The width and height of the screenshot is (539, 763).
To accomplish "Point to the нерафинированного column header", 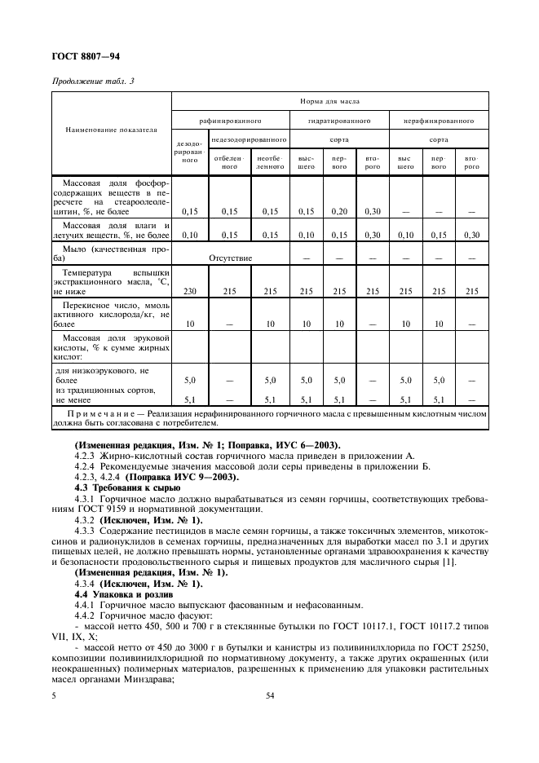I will click(439, 120).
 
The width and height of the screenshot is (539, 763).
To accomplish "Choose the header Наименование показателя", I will click(111, 129).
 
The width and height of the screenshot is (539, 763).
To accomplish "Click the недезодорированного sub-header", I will click(249, 140).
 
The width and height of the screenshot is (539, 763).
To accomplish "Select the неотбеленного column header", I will click(270, 161).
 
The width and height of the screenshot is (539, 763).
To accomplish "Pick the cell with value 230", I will click(189, 291).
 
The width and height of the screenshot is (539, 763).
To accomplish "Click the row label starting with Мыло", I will click(111, 252).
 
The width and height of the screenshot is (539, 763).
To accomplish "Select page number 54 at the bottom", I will click(269, 696).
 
